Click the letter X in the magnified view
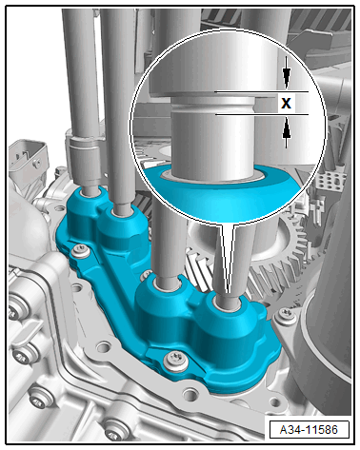(286, 103)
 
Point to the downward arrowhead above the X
(287, 79)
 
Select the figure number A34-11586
(309, 430)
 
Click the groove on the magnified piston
(212, 107)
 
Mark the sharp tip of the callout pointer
(228, 292)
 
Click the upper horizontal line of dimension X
(262, 92)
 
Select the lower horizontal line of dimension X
(262, 114)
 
